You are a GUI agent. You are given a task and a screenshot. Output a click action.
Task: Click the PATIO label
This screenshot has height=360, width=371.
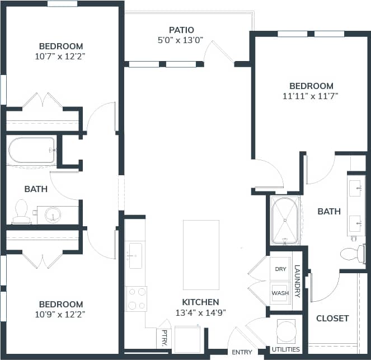[181, 30]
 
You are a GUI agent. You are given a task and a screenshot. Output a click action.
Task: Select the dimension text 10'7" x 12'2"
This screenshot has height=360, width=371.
[61, 56]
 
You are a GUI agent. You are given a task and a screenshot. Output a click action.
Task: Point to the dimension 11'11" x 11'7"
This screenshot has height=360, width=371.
[311, 96]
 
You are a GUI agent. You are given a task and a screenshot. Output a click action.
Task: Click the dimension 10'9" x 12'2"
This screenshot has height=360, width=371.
[61, 315]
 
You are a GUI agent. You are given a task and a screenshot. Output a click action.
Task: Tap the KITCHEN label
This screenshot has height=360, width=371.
[200, 302]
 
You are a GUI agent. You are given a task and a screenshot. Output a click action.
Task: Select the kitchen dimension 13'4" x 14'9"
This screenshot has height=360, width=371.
[200, 312]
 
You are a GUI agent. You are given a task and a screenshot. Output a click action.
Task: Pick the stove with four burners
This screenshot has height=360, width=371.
[136, 298]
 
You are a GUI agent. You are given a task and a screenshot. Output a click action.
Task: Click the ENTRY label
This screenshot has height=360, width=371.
[241, 352]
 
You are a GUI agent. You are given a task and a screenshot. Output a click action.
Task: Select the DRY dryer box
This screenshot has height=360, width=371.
[280, 269]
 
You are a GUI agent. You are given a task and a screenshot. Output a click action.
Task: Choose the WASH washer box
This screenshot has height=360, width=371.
[280, 293]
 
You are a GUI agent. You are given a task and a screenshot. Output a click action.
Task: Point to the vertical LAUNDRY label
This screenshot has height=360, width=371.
[297, 281]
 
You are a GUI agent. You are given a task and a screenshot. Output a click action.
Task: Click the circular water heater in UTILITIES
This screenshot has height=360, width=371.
[287, 330]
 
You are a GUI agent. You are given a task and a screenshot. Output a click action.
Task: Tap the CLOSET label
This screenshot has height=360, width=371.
[332, 318]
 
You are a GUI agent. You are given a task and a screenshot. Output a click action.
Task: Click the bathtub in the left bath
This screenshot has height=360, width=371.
[32, 149]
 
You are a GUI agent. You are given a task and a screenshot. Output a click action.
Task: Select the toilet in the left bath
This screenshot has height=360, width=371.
[21, 211]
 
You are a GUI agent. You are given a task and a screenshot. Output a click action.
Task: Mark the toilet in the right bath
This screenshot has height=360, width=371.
[353, 254]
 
